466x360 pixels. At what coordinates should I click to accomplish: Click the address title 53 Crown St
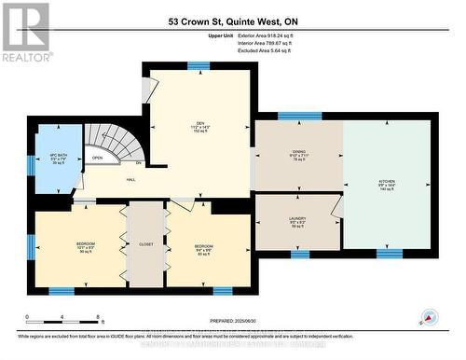[232, 20]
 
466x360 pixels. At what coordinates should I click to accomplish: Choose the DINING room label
[298, 154]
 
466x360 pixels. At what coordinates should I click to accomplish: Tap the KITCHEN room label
[386, 183]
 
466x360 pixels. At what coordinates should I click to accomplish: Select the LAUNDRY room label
[298, 221]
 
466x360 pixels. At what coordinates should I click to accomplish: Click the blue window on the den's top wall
[199, 65]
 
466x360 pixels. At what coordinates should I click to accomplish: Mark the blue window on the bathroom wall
[31, 165]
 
